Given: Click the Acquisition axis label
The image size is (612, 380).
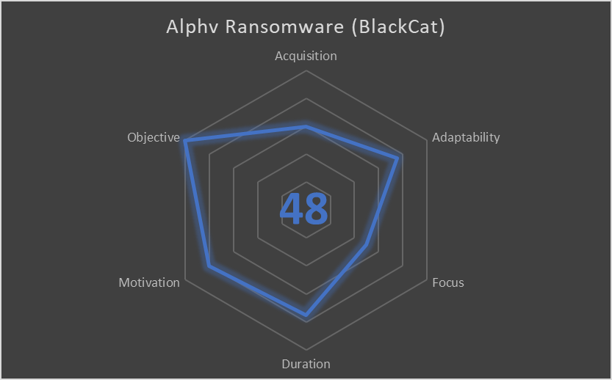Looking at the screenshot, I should point(306,56).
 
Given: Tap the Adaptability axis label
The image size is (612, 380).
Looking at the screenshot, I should point(466,137).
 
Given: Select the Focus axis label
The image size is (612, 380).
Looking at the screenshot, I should point(448,282).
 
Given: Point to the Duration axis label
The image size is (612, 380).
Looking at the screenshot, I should point(306,364).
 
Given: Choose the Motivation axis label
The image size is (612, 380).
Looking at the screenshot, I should point(149,282).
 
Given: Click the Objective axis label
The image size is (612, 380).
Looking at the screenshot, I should point(153,137).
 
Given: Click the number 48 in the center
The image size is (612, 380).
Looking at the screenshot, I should point(304,209).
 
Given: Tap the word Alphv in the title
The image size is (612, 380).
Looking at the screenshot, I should point(193,27).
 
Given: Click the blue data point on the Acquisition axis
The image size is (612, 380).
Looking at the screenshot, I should point(306,126).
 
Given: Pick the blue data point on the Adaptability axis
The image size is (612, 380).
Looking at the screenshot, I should point(399,156).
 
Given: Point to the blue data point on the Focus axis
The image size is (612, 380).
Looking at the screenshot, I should point(366,245).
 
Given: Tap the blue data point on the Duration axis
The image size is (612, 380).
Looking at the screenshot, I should point(306,316).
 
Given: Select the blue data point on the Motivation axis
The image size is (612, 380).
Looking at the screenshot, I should point(209,266).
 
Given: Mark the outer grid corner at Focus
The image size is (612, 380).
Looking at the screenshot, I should point(427,279).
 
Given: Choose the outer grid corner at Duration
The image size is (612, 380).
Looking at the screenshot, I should point(306,349).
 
